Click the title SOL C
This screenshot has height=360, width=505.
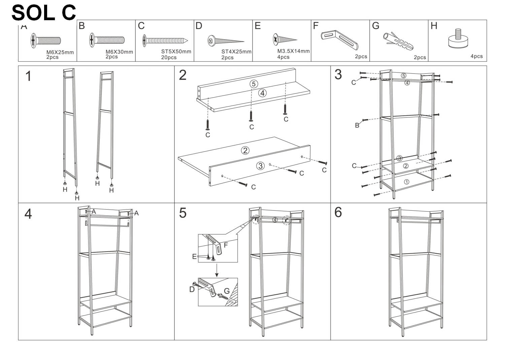(x=44, y=13)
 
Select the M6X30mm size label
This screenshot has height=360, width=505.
(x=119, y=52)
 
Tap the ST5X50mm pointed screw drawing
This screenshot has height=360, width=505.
(x=165, y=41)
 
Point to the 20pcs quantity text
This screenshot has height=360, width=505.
(x=169, y=58)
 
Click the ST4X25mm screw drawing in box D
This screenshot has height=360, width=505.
(x=226, y=41)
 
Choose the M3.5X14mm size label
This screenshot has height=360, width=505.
(x=293, y=51)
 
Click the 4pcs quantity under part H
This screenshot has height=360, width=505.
(x=476, y=56)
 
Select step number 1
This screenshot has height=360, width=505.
(x=28, y=76)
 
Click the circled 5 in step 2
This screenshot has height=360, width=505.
(x=254, y=84)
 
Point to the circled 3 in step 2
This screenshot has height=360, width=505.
(x=260, y=166)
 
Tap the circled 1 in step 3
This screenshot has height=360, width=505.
(x=406, y=182)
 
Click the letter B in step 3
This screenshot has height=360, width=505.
(x=357, y=125)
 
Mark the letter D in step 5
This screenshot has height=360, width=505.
(x=192, y=289)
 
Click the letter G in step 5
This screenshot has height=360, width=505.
(x=227, y=291)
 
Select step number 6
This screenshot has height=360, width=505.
(x=338, y=212)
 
